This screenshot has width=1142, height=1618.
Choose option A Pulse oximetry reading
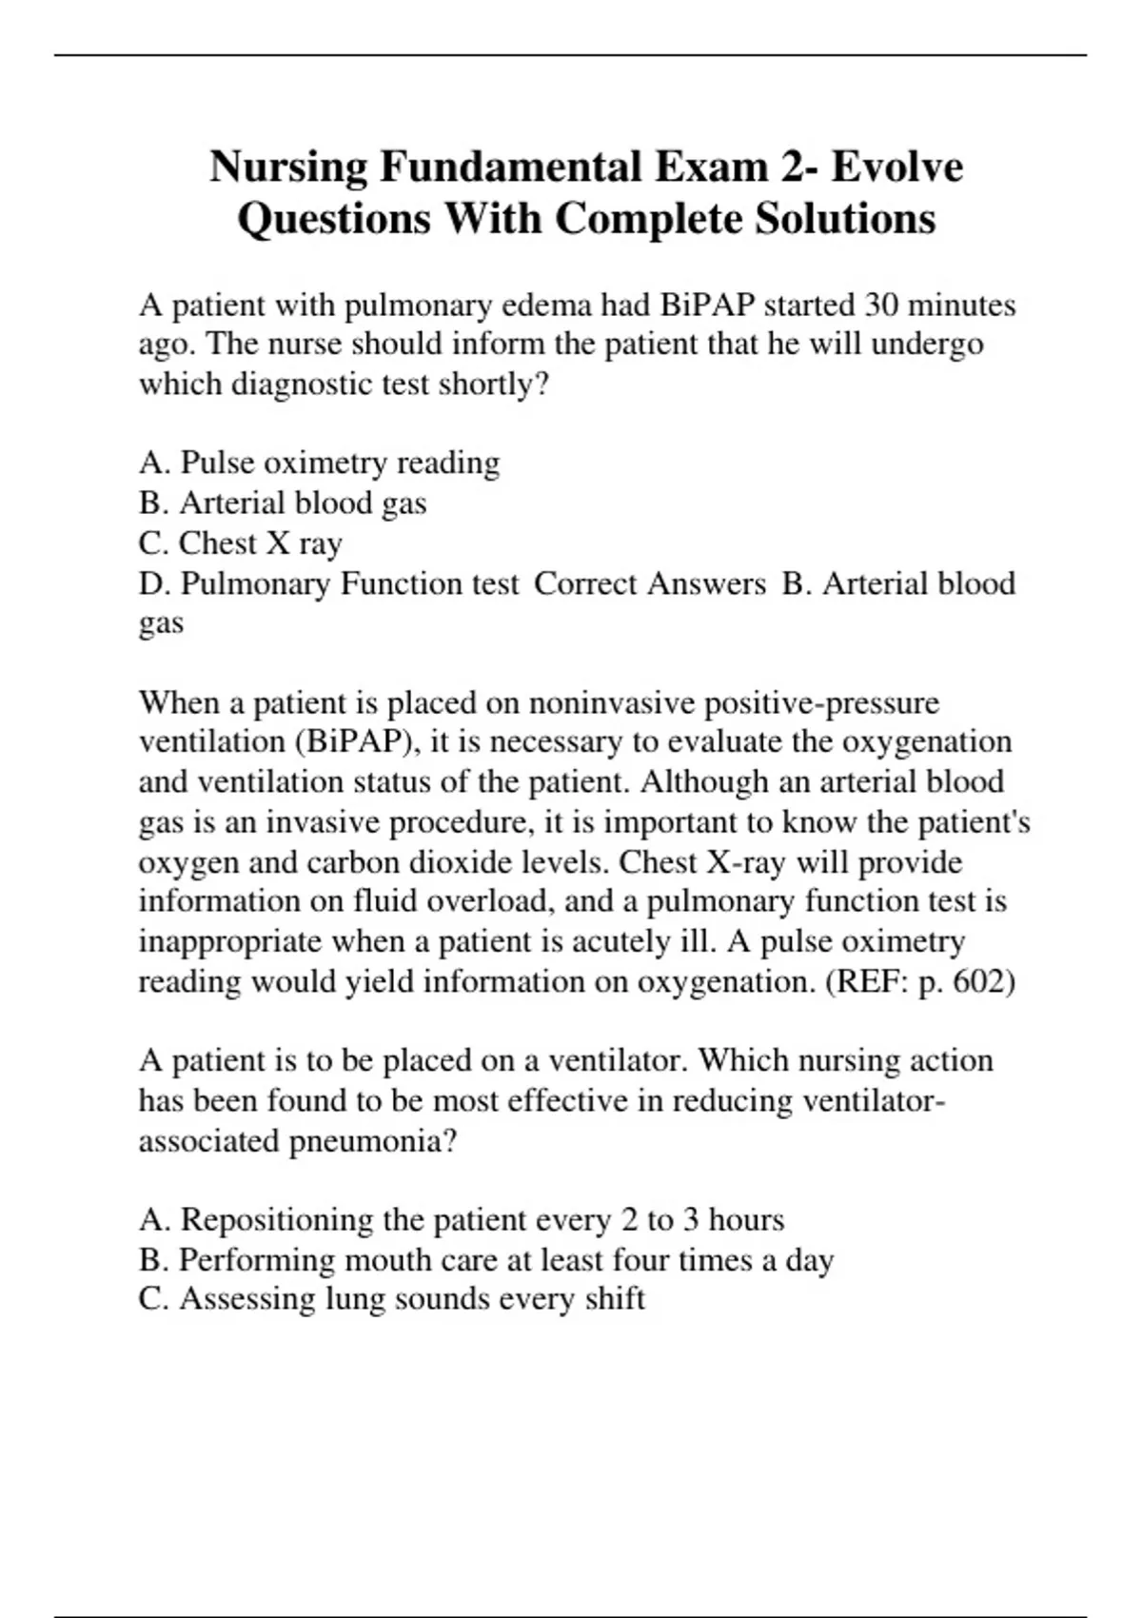click(x=319, y=463)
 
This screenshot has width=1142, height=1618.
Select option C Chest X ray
click(x=240, y=543)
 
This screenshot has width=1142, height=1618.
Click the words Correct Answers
click(x=649, y=582)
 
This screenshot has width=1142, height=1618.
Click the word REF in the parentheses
click(x=868, y=980)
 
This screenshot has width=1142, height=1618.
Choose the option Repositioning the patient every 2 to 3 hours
click(x=461, y=1219)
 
